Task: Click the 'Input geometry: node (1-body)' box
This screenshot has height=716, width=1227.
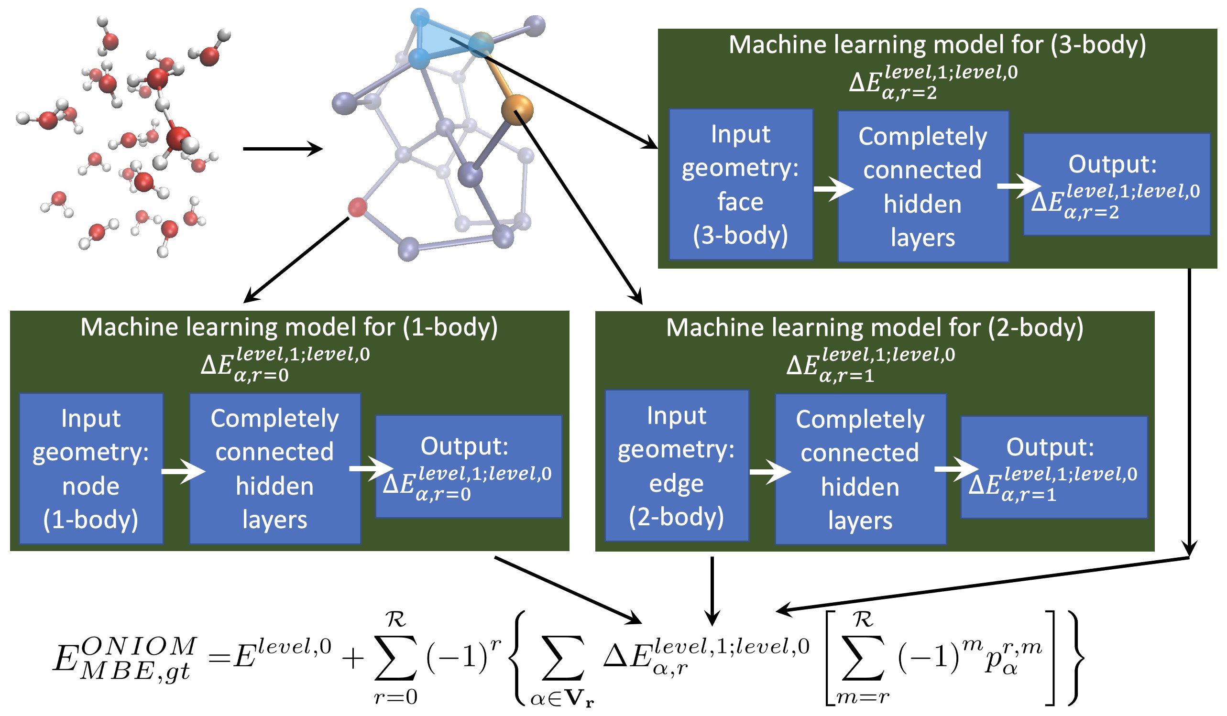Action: click(91, 469)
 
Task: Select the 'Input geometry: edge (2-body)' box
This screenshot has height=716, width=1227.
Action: click(677, 466)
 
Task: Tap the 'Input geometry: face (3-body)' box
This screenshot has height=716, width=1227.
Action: click(741, 184)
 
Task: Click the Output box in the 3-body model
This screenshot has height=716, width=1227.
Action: click(1117, 185)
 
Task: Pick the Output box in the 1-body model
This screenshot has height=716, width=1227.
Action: click(469, 467)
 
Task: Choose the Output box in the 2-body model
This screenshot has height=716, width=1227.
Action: click(1054, 468)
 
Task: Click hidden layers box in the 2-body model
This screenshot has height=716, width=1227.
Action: click(860, 469)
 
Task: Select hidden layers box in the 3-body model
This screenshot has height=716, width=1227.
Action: click(923, 186)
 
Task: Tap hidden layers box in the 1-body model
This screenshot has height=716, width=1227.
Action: click(275, 469)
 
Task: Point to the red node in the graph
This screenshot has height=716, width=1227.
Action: click(357, 207)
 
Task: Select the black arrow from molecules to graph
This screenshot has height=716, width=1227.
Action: click(283, 149)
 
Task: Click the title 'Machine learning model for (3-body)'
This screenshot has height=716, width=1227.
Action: click(937, 45)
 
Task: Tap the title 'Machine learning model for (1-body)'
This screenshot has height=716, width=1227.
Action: click(289, 327)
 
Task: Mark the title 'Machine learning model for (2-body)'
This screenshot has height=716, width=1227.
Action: click(875, 327)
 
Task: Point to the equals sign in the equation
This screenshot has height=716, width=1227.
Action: click(219, 659)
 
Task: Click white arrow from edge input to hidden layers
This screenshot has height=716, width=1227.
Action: click(770, 472)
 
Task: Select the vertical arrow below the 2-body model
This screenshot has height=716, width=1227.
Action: click(712, 590)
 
